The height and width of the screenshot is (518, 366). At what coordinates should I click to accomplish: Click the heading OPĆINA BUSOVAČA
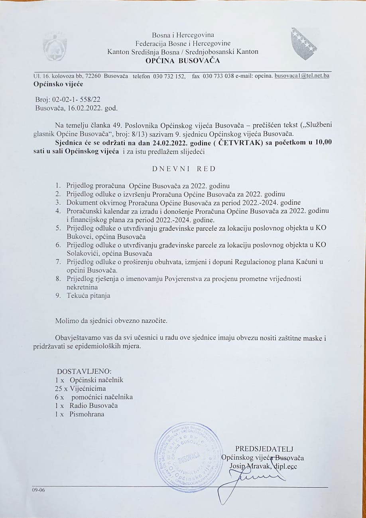[x=183, y=61]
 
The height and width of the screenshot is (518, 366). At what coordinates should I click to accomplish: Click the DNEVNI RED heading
[x=184, y=168]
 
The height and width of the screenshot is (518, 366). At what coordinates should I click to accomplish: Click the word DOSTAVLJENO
[x=84, y=371]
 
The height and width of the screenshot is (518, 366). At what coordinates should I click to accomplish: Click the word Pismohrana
[x=87, y=414]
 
